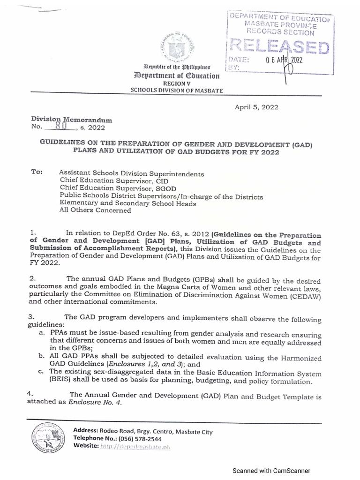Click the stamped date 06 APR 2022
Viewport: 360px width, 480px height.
285,60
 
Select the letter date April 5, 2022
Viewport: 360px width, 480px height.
256,107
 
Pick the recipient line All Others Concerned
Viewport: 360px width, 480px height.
96,210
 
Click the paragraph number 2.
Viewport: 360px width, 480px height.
31,278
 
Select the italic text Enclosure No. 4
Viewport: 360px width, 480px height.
95,406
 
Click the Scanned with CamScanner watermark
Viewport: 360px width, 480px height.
272,471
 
